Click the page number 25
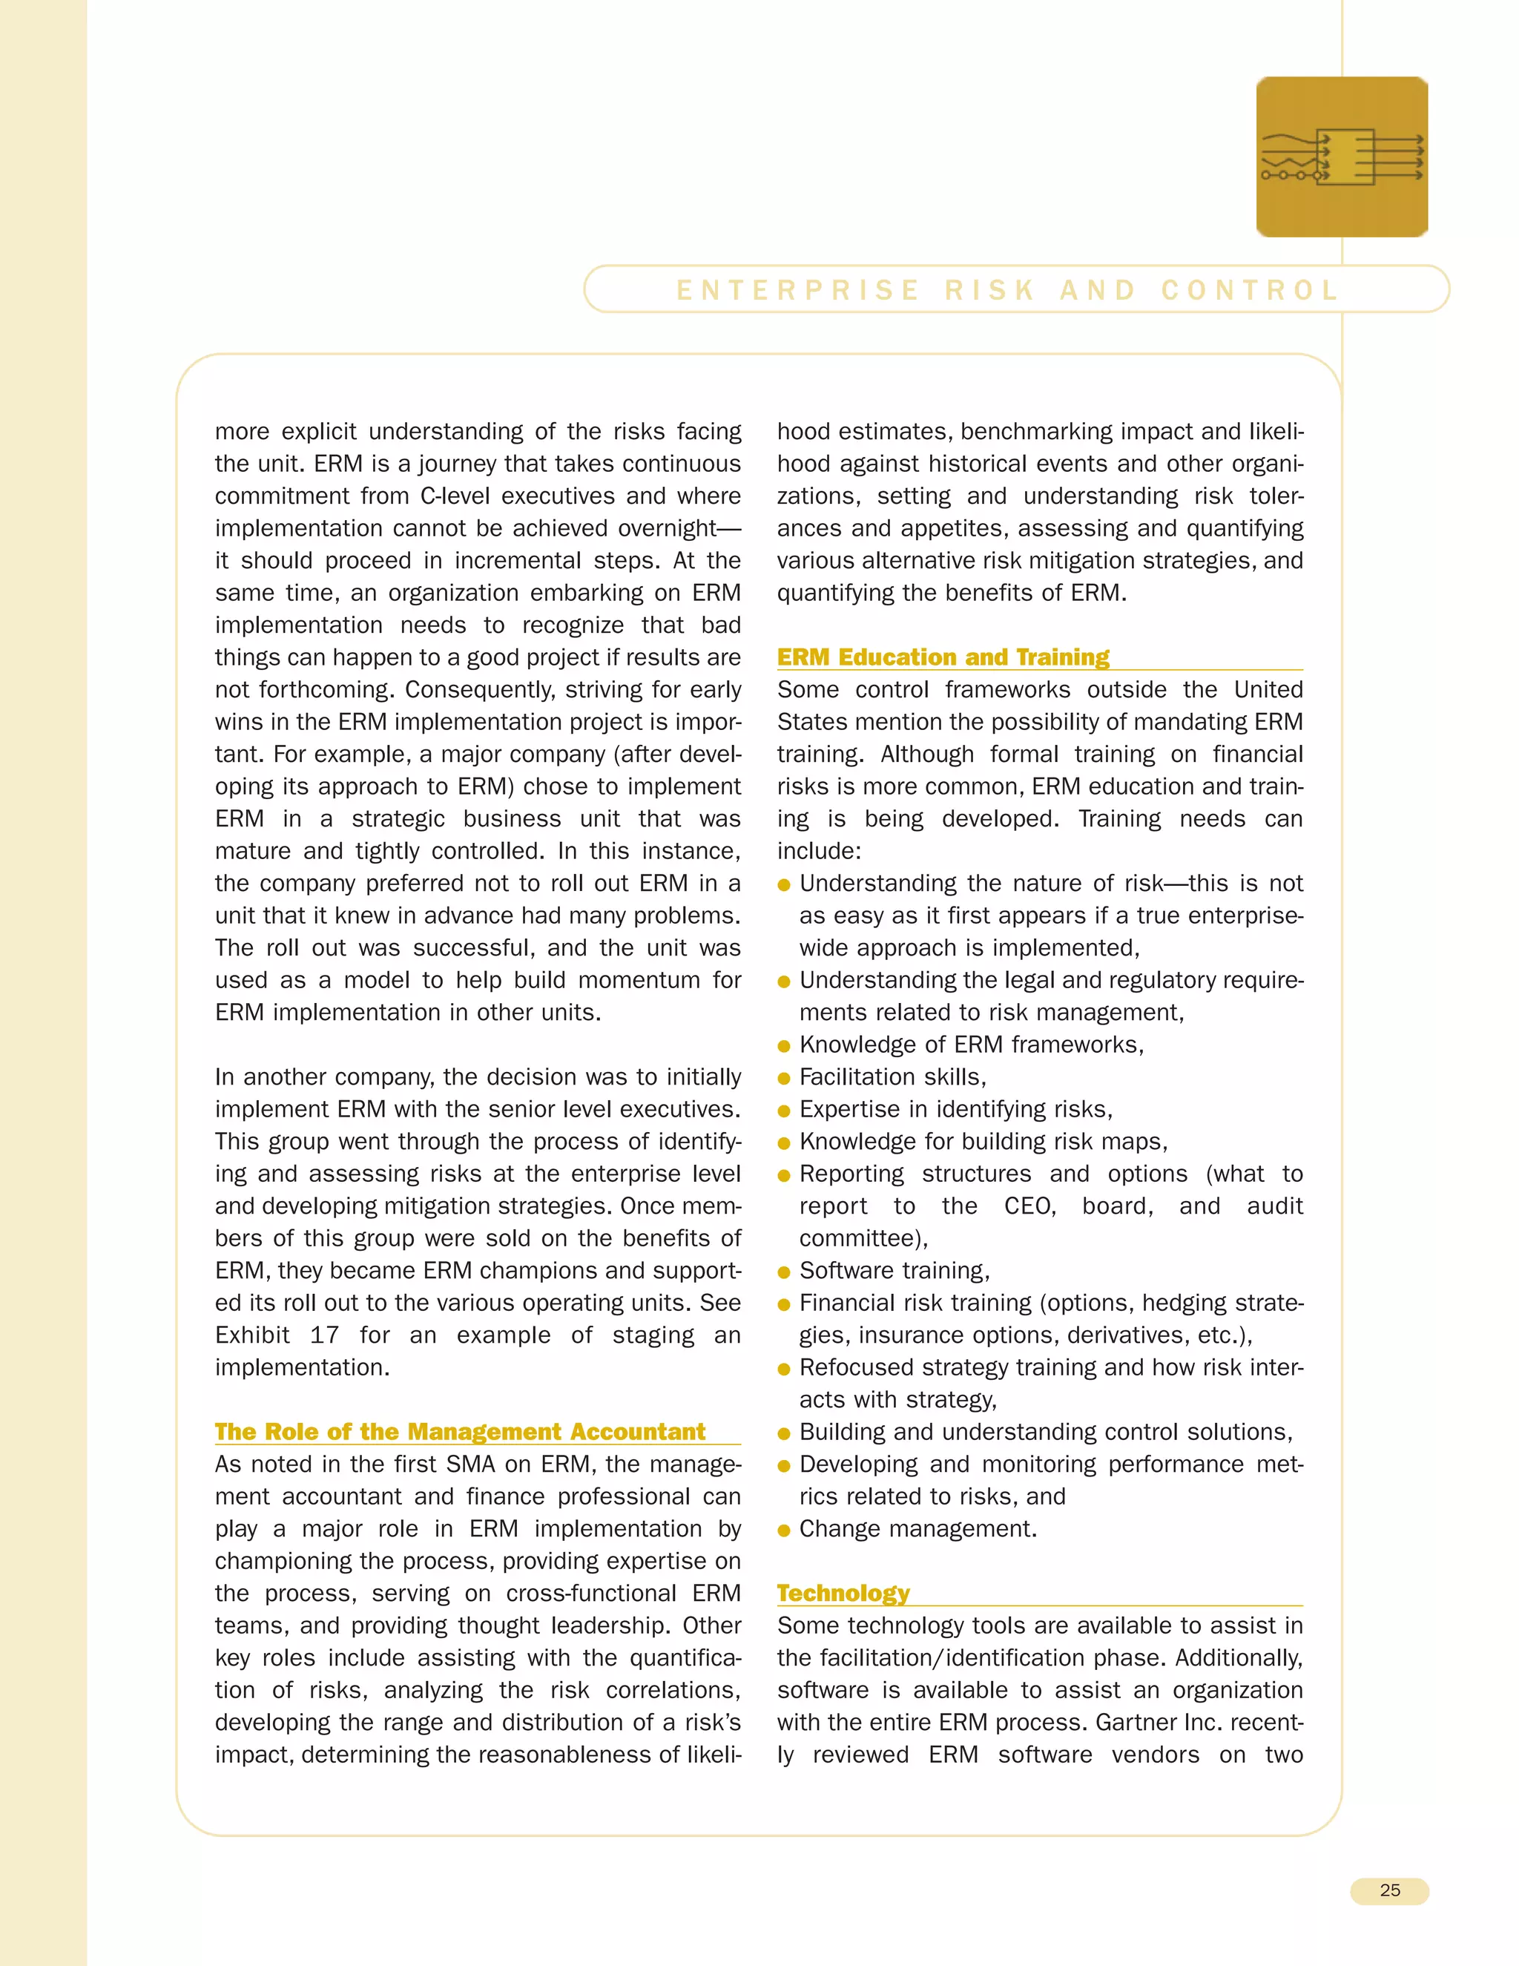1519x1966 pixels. [1389, 1890]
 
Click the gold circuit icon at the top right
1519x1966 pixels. [1342, 157]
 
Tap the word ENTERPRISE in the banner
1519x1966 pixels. [798, 290]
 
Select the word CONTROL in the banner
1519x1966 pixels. [1250, 290]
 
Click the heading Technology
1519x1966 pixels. [843, 1594]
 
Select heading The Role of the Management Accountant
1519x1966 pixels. [460, 1431]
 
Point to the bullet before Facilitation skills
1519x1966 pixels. [784, 1079]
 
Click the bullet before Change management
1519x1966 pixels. [784, 1531]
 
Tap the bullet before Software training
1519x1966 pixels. [784, 1272]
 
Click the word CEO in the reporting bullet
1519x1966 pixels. [1029, 1206]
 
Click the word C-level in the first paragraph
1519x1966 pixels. [455, 496]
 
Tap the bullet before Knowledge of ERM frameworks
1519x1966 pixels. [784, 1046]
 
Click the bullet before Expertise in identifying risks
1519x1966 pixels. [784, 1111]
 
